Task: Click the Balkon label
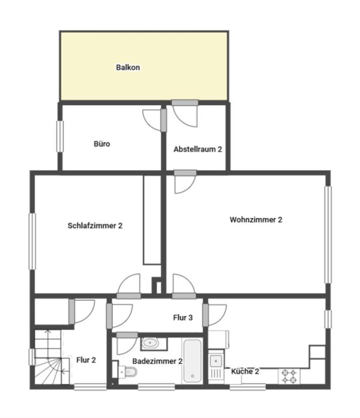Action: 128,67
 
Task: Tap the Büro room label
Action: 102,144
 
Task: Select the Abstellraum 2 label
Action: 198,149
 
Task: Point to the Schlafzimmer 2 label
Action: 95,226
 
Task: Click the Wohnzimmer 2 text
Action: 256,220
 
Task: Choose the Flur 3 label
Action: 183,317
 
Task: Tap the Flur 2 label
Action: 86,360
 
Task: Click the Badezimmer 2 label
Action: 157,361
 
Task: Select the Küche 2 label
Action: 245,371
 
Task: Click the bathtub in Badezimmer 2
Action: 192,361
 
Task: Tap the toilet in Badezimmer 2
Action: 128,371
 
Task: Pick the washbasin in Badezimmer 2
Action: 150,343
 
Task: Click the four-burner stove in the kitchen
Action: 289,376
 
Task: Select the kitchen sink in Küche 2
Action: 216,366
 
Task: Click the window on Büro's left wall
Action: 60,136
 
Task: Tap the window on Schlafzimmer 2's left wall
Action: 32,241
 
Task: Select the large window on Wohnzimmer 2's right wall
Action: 328,234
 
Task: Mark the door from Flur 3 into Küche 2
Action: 215,315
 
